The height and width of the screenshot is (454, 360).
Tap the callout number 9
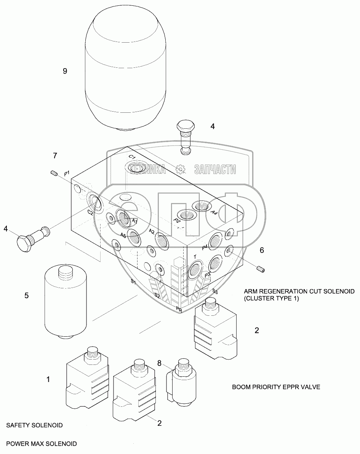coord(65,71)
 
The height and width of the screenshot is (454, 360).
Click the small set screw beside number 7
coord(54,174)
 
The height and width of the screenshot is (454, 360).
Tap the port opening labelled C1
coord(135,167)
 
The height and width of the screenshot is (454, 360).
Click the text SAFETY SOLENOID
coord(35,425)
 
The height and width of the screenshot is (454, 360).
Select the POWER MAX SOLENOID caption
coord(42,444)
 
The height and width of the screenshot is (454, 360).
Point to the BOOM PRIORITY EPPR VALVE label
coord(276,387)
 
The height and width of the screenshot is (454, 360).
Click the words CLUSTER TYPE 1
coord(271,298)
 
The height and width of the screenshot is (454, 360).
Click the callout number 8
coord(159,363)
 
